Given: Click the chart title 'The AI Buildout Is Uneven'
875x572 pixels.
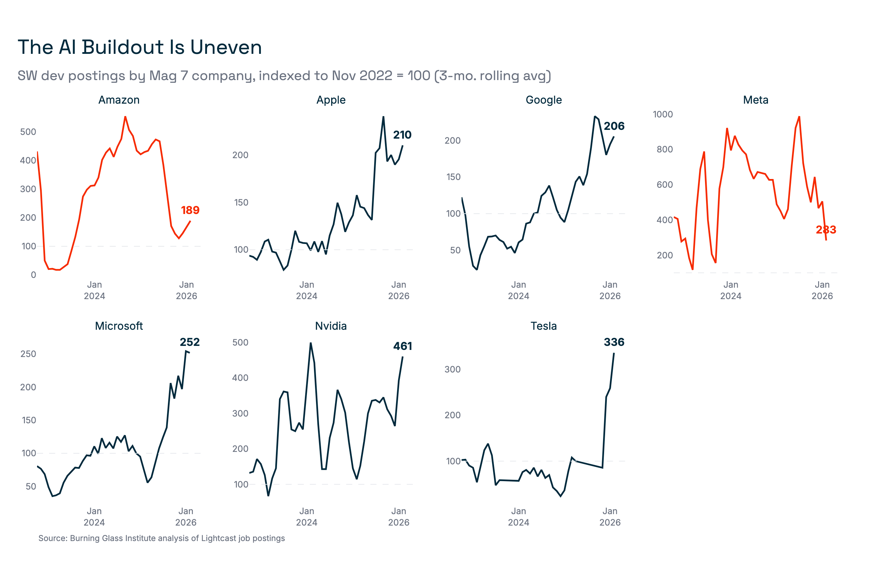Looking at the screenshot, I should click(140, 47).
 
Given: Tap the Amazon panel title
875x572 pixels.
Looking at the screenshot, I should click(119, 100).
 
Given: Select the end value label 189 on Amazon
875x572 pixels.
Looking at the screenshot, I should click(190, 210).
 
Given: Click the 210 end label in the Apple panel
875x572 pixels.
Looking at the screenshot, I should click(402, 135).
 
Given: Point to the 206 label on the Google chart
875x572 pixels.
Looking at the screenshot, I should click(614, 126).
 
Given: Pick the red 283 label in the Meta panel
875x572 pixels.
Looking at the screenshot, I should click(826, 230).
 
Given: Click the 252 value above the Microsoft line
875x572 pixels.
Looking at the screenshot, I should click(190, 342).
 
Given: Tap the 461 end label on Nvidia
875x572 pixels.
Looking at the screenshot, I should click(402, 346).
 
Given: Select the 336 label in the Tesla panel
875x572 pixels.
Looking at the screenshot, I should click(614, 342).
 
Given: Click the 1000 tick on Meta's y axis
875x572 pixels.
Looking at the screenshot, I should click(663, 114).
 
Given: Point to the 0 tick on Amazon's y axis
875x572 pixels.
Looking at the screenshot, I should click(33, 275).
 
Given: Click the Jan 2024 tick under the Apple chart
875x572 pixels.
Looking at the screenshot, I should click(307, 290).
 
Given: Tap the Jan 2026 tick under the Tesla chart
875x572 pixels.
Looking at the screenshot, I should click(610, 516).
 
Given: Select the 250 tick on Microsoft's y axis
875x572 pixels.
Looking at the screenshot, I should click(28, 354).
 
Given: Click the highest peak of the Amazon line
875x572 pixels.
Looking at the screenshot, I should click(126, 117).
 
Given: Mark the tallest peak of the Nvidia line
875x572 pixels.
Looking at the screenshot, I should click(311, 343).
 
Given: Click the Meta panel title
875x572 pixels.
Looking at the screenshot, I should click(756, 100).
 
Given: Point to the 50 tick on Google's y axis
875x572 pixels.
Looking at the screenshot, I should click(455, 250).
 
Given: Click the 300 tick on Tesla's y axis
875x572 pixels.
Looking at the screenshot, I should click(452, 369).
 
